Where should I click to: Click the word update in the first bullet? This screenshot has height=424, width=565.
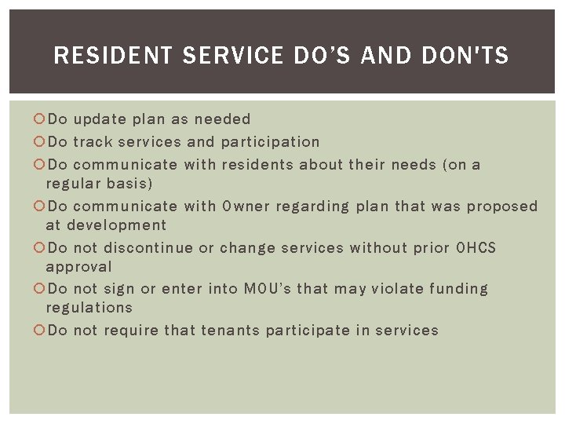coord(100,119)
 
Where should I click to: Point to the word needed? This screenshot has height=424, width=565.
coord(222,119)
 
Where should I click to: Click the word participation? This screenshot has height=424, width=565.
coord(270,142)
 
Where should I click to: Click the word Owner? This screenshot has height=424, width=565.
coord(246,207)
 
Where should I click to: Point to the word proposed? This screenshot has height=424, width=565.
coord(502,207)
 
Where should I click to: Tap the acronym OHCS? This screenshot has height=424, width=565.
coord(476,248)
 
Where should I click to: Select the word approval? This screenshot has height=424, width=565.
coord(78,267)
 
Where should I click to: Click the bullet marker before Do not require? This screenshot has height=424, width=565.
coord(40,331)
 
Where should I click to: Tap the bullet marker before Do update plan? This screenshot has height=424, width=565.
coord(40,119)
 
